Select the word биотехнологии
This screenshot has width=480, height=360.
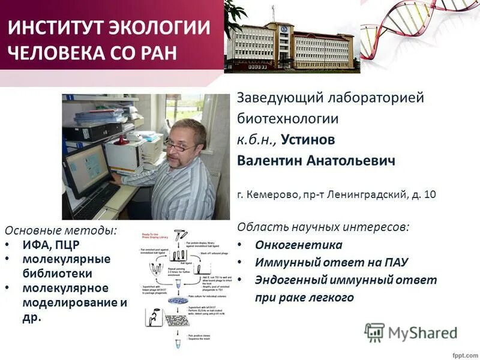click(288, 118)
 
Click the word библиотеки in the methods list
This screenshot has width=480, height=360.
click(58, 274)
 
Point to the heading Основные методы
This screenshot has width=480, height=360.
click(61, 230)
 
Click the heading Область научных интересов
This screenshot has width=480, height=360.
click(323, 227)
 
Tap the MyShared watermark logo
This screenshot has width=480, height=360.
click(411, 332)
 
